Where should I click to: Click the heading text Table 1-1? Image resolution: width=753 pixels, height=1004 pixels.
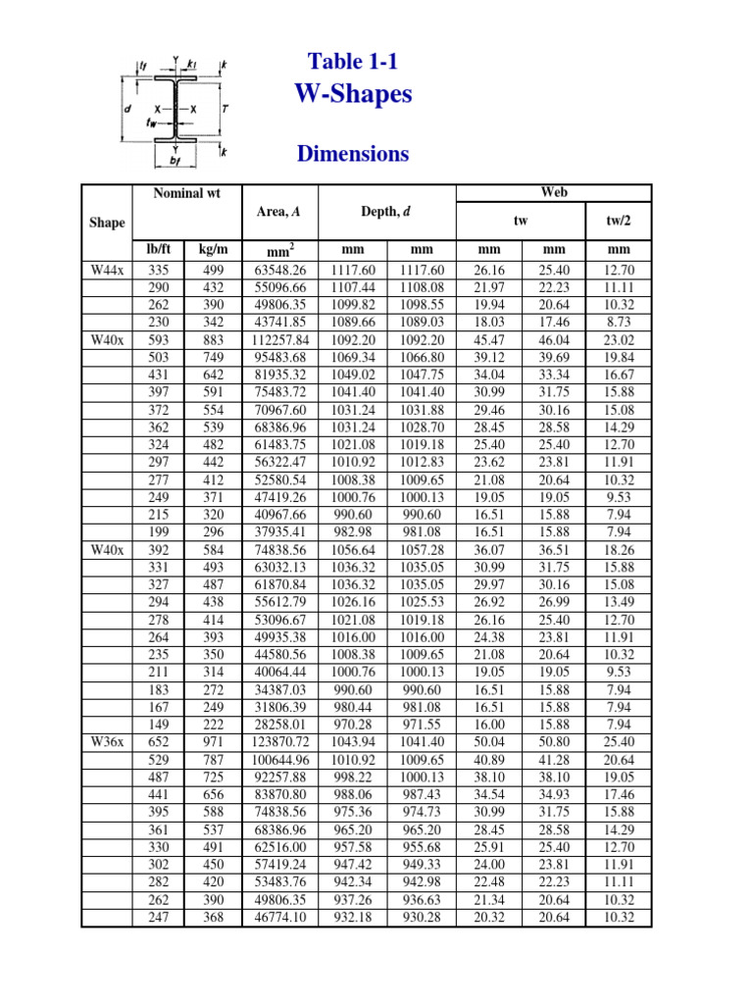(353, 62)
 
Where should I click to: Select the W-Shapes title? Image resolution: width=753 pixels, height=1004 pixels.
(353, 94)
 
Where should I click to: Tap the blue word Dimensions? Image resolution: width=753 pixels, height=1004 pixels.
(353, 154)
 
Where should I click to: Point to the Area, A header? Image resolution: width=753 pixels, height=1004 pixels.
(278, 212)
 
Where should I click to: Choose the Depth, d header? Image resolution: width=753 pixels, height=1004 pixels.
(389, 212)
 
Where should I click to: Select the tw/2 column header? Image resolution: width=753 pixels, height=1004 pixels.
(619, 222)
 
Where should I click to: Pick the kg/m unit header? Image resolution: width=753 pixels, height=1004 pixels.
(213, 250)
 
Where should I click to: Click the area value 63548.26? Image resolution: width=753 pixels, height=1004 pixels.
(280, 270)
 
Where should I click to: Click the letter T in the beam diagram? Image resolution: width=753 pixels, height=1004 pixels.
(225, 108)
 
